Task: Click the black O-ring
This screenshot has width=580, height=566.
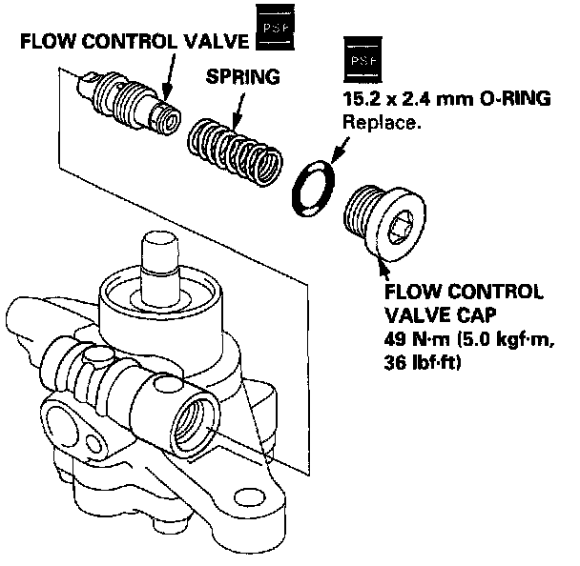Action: [310, 186]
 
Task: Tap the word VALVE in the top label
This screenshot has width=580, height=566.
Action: [206, 42]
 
